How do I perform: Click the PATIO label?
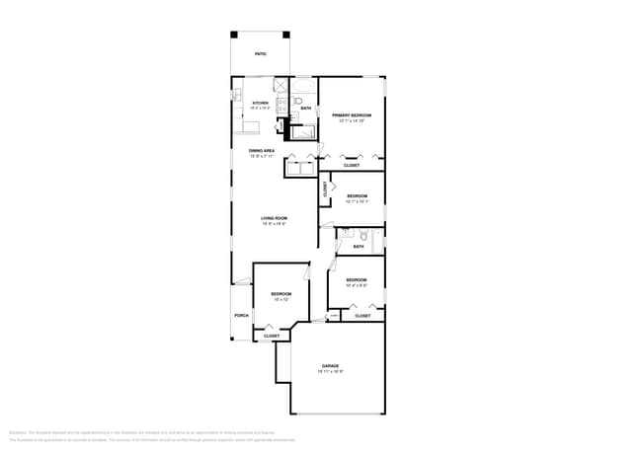(260, 54)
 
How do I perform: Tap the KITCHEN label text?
(261, 103)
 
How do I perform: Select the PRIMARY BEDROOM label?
(353, 115)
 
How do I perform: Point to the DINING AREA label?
(261, 150)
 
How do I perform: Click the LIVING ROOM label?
(274, 218)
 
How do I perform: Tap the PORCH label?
(241, 316)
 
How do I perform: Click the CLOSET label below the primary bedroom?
(352, 165)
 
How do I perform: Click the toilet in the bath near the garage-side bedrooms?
(362, 236)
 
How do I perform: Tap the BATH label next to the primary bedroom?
(306, 108)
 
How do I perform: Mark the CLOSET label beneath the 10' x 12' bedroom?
(271, 336)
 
